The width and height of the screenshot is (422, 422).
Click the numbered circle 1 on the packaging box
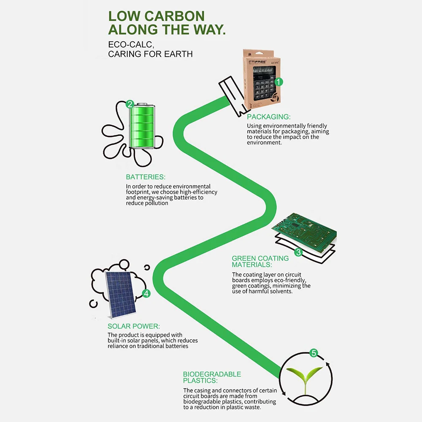pyautogui.click(x=279, y=81)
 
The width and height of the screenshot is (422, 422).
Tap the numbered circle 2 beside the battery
pyautogui.click(x=130, y=104)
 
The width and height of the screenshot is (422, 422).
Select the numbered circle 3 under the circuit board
pyautogui.click(x=298, y=252)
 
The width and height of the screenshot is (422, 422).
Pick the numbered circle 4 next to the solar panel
pyautogui.click(x=146, y=293)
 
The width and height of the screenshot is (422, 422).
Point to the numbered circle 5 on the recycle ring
pyautogui.click(x=314, y=353)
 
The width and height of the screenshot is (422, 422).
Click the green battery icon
pyautogui.click(x=142, y=126)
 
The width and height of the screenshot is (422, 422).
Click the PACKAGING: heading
pyautogui.click(x=268, y=117)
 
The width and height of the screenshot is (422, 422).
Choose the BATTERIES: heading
pyautogui.click(x=146, y=177)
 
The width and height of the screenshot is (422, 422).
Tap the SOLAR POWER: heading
pyautogui.click(x=134, y=326)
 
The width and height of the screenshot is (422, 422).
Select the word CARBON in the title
pyautogui.click(x=174, y=16)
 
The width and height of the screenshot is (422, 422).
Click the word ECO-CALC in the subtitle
pyautogui.click(x=131, y=44)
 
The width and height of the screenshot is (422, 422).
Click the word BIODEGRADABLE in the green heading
pyautogui.click(x=212, y=374)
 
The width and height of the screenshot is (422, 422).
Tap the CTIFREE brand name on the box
pyautogui.click(x=257, y=62)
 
